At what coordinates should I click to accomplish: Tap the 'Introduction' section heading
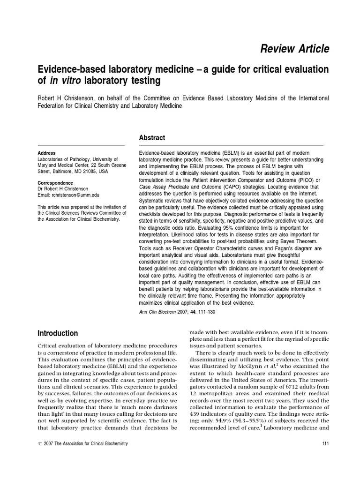pyautogui.click(x=57, y=333)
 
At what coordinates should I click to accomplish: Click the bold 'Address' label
pyautogui.click(x=46, y=153)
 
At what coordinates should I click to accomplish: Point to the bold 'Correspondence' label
pyautogui.click(x=55, y=183)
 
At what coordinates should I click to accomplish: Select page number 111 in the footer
pyautogui.click(x=324, y=443)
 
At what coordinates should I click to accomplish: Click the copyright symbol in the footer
pyautogui.click(x=39, y=443)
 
